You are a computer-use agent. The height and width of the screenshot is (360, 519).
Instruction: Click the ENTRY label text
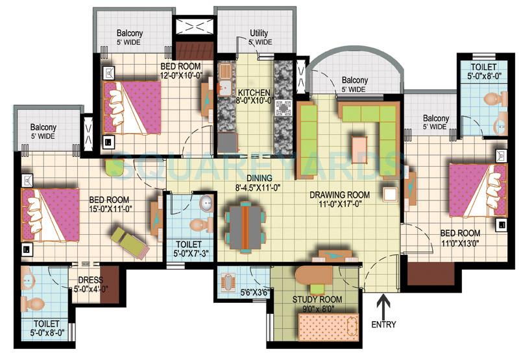pos(383,324)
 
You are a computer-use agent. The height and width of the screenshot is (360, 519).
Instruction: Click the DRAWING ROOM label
pos(339,195)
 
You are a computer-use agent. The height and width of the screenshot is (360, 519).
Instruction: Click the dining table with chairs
pos(245,226)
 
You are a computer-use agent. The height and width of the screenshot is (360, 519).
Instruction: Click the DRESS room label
pos(86,281)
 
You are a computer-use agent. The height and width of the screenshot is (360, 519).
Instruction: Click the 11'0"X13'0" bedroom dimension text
pos(460,244)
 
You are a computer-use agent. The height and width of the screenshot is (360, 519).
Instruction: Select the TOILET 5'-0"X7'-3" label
pos(188,250)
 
